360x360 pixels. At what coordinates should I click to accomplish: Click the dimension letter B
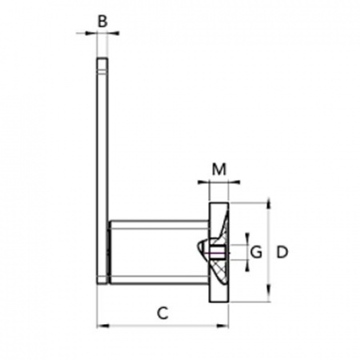tap(102, 21)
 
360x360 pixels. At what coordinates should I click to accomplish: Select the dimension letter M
tap(219, 169)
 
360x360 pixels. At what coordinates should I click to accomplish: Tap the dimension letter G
tap(257, 252)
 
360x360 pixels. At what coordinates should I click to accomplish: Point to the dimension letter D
tap(282, 252)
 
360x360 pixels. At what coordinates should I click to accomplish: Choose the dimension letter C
tap(162, 313)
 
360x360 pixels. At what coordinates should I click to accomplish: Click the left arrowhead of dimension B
tap(91, 33)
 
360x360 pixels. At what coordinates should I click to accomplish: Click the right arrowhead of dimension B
tap(114, 33)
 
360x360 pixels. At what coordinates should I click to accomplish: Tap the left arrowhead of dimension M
tap(203, 182)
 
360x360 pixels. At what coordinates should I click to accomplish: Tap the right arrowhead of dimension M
tap(234, 182)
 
